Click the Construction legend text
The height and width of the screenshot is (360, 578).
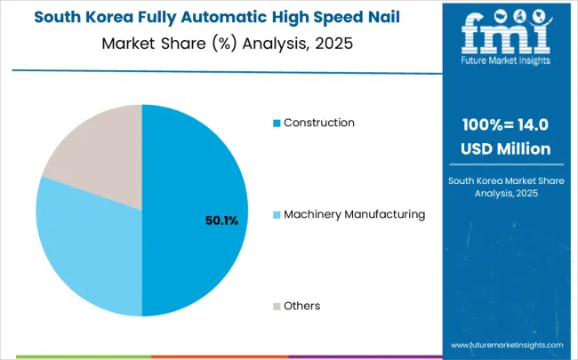click(x=318, y=123)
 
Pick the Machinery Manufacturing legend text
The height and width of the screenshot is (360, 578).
click(x=354, y=214)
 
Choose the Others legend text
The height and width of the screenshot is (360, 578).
click(x=301, y=306)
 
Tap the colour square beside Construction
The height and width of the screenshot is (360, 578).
click(x=277, y=123)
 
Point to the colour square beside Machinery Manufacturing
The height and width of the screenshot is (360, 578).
click(x=277, y=214)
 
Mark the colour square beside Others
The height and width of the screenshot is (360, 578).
click(x=277, y=306)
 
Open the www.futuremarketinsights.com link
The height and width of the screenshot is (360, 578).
click(x=506, y=344)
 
